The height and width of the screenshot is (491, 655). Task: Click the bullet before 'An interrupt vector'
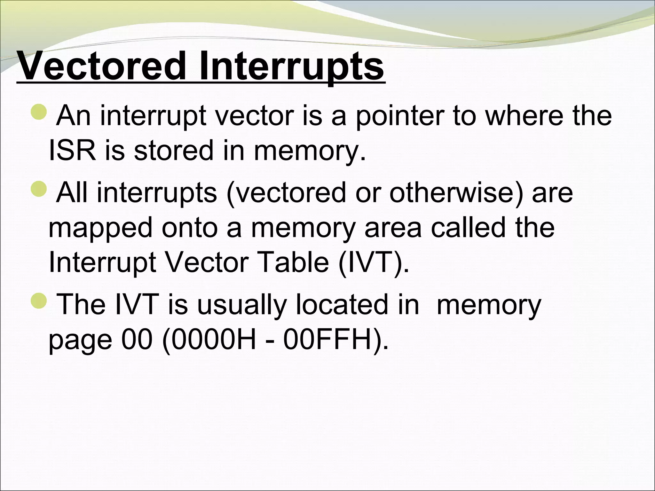[x=39, y=112]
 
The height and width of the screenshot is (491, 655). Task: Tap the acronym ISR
[x=72, y=151]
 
